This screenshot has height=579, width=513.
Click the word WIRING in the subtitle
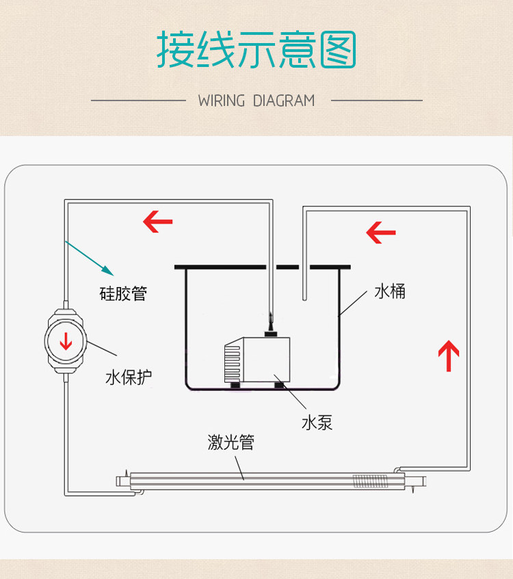tap(221, 100)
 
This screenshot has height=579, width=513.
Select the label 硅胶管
tap(123, 294)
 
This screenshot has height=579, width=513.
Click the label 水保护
tap(129, 377)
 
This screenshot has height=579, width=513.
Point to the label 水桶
tap(390, 291)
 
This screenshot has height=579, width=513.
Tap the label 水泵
tap(317, 422)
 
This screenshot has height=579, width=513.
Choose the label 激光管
tap(231, 442)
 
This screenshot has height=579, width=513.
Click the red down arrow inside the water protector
tap(66, 340)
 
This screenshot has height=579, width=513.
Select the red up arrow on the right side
tap(448, 355)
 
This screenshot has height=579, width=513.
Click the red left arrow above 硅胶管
tap(157, 221)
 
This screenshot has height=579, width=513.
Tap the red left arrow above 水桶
tap(381, 232)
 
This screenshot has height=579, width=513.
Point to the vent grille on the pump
tap(233, 362)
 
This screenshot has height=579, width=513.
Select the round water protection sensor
tap(66, 340)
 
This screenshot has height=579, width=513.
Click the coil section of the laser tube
tap(368, 481)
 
